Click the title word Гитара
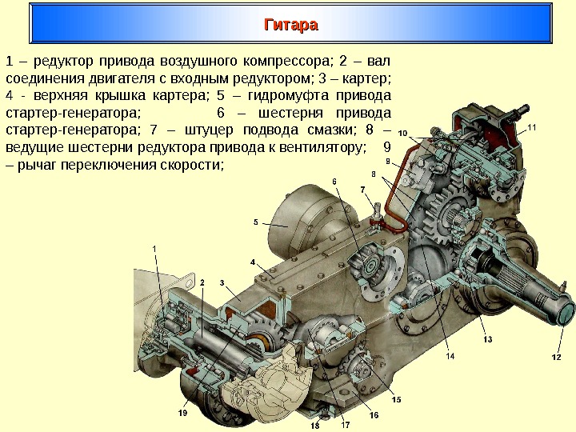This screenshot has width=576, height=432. pos(291,25)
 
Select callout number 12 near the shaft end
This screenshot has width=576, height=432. pos(556,357)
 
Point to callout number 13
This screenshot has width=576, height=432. pos(487,340)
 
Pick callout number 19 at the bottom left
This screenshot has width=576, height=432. pos(183,413)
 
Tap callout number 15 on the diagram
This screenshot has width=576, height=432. pos(396,398)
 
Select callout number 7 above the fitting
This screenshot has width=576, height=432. pos(362,190)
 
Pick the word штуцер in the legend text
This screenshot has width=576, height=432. pos(218,130)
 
